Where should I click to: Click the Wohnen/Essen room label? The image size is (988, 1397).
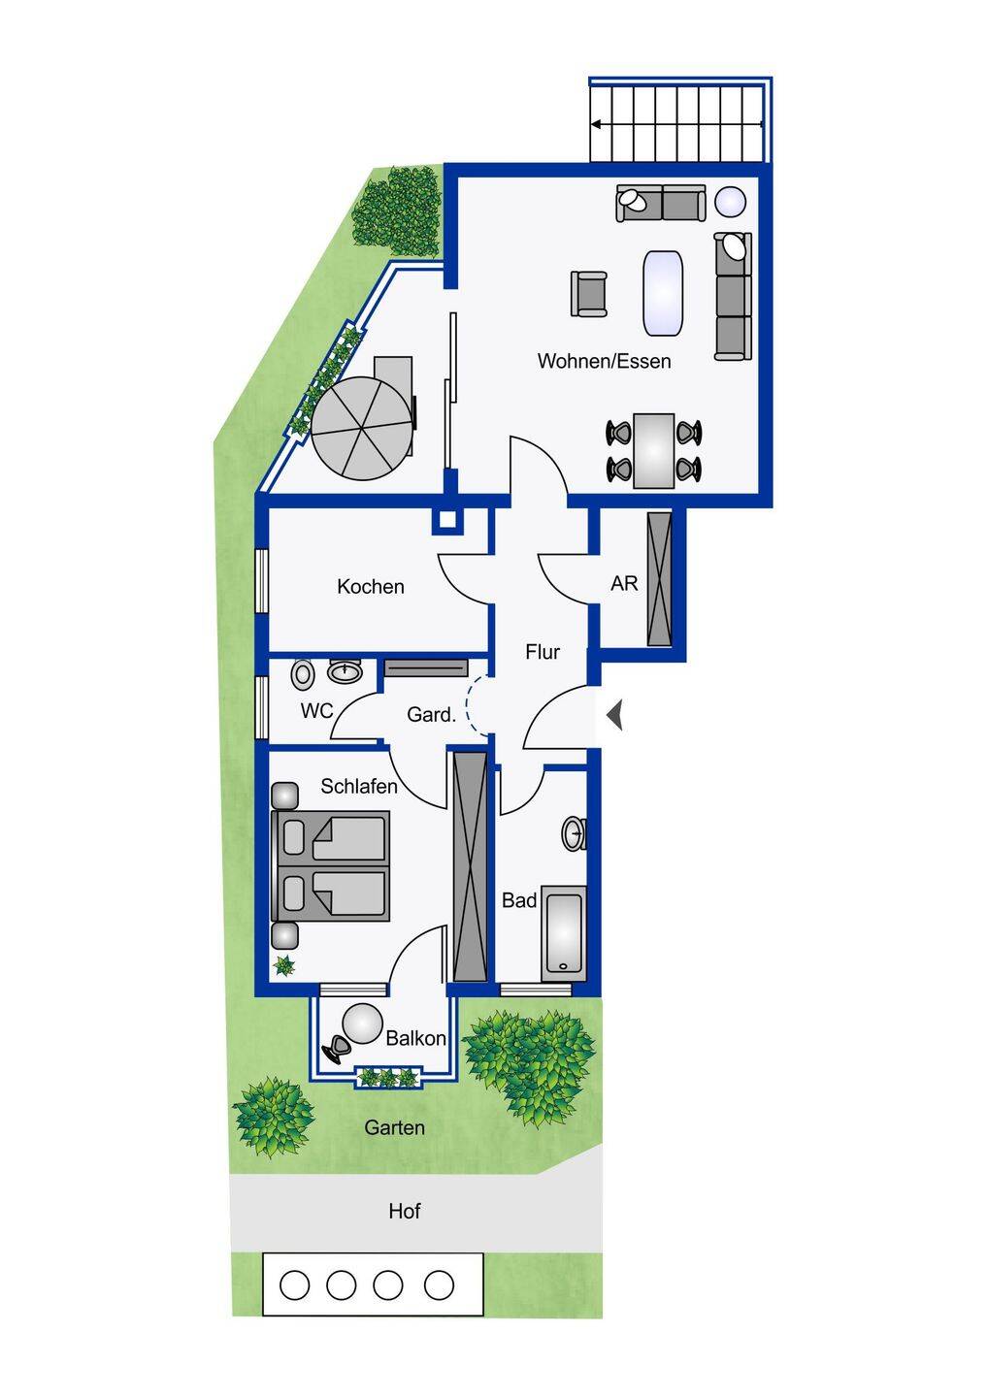click(x=604, y=361)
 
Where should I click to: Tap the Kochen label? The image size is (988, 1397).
click(x=371, y=586)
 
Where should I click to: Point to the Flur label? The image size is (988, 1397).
click(x=543, y=652)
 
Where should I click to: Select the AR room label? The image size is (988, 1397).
click(x=624, y=583)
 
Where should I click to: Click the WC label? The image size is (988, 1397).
click(x=316, y=711)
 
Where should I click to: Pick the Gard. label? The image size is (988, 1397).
click(x=431, y=714)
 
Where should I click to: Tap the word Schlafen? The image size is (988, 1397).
click(x=359, y=787)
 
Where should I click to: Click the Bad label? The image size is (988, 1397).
click(x=519, y=900)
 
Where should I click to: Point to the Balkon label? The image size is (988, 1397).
click(x=415, y=1038)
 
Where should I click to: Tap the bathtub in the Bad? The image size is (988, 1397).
click(x=563, y=933)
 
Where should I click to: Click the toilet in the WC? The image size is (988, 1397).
click(x=303, y=675)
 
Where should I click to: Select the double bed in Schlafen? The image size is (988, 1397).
click(x=331, y=865)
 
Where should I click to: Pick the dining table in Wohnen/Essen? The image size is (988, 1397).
click(x=654, y=450)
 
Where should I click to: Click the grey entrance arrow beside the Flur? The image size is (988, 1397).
click(x=615, y=715)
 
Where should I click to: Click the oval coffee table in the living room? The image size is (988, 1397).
click(x=663, y=294)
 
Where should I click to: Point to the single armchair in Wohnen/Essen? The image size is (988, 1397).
click(x=589, y=294)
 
